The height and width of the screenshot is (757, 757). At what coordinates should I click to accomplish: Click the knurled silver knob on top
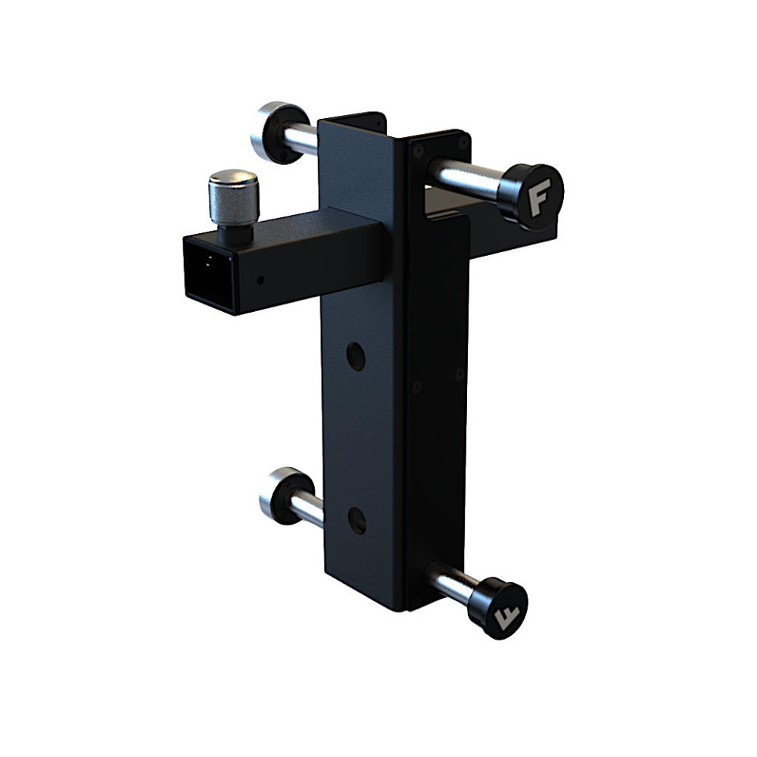point(234,197)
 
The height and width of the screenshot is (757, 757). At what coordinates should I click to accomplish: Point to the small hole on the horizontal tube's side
point(260,279)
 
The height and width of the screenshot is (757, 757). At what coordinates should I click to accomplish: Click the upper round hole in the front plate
point(355,357)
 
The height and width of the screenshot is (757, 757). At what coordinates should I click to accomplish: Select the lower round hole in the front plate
point(357,521)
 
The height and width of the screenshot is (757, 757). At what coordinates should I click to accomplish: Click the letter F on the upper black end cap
point(539,199)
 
